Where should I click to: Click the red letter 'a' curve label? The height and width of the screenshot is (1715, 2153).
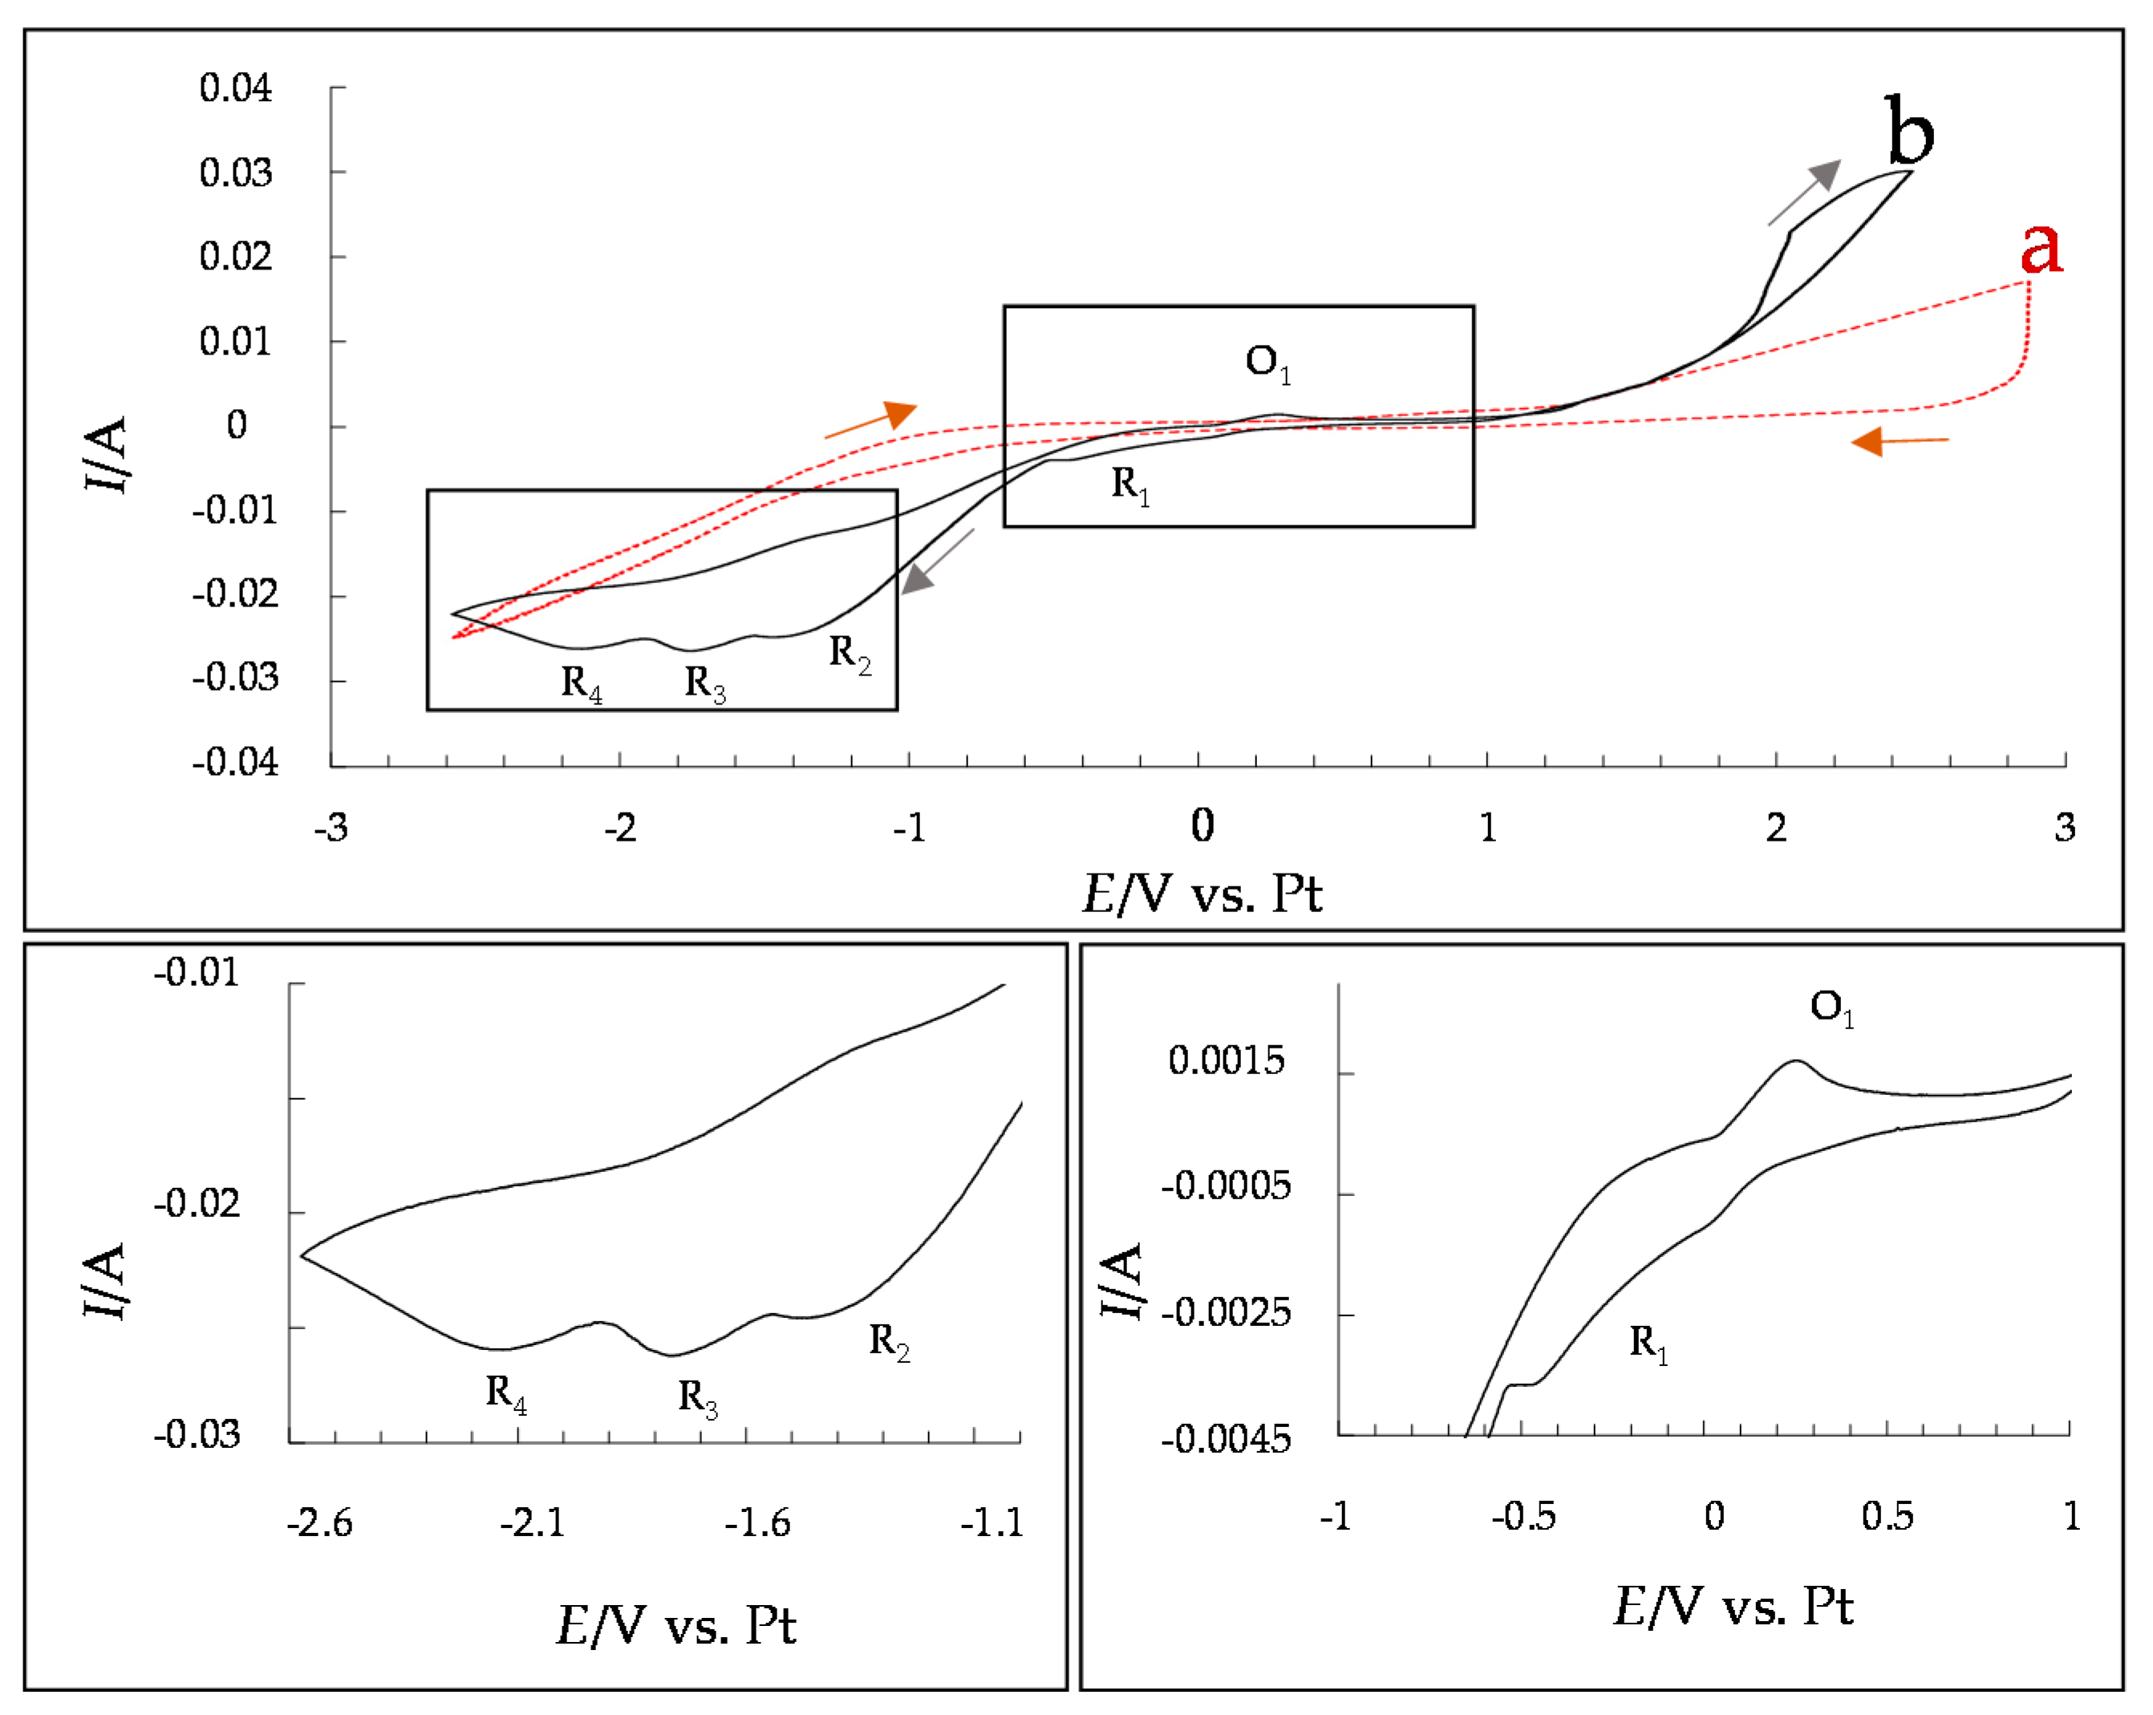(2041, 247)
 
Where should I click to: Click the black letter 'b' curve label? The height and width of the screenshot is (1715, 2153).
(1909, 131)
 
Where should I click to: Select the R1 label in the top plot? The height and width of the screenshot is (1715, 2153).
(1130, 485)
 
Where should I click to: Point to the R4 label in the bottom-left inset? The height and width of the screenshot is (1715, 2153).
(506, 1393)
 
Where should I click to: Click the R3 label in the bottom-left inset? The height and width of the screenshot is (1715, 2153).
(698, 1397)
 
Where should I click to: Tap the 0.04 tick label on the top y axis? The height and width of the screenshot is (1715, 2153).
(236, 88)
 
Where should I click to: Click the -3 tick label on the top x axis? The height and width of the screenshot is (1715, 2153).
(330, 827)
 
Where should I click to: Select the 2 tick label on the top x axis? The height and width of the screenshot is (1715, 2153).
(1775, 827)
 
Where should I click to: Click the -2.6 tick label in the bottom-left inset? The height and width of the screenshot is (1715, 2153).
(319, 1522)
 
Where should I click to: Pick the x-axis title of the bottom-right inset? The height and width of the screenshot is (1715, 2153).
(1733, 1608)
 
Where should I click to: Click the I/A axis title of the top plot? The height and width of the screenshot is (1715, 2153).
(107, 455)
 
